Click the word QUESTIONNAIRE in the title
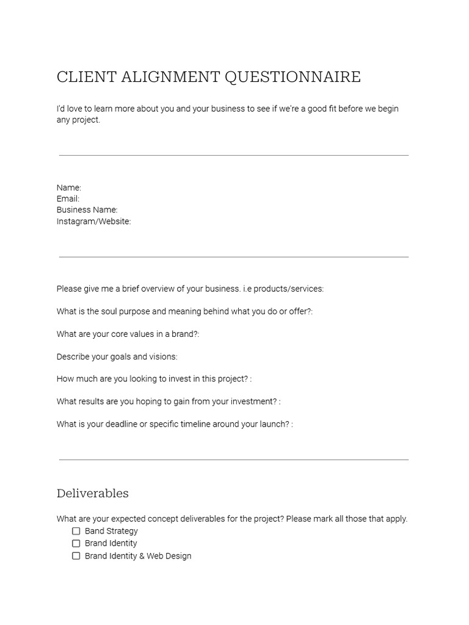click(293, 78)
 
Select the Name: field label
click(69, 187)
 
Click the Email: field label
click(68, 198)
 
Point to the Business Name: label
click(87, 209)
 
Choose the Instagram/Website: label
click(93, 221)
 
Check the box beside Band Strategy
click(76, 531)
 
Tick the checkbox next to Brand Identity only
click(76, 543)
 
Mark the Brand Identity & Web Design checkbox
click(76, 556)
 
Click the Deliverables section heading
click(93, 493)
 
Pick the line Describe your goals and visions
click(117, 356)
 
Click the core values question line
click(128, 334)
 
